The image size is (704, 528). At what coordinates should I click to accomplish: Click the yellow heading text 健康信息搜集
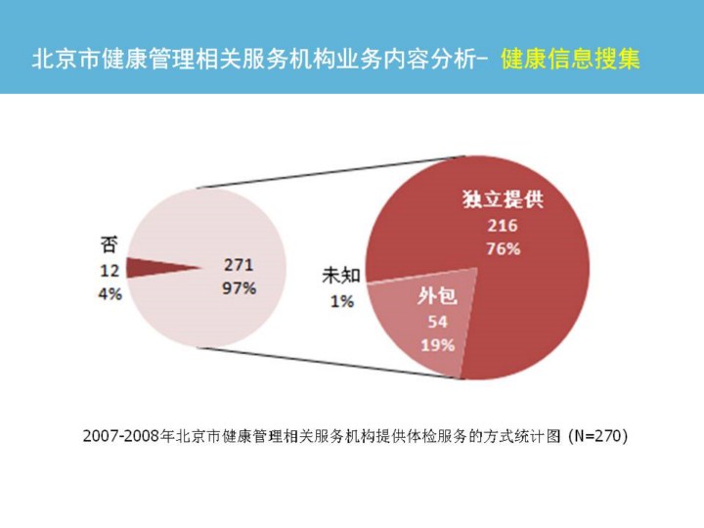570,58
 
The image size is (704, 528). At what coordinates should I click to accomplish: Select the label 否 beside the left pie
110,244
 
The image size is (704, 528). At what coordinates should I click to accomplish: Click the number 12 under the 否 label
110,269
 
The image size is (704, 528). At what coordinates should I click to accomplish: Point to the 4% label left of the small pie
110,292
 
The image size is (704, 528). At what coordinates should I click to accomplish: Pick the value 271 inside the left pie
240,264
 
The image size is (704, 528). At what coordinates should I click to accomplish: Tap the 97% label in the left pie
240,288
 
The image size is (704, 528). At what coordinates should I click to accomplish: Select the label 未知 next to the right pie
341,277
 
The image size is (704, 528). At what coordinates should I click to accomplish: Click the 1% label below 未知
341,301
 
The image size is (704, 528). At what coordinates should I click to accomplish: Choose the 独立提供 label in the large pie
503,200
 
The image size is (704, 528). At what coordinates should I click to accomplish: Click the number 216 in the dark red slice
503,225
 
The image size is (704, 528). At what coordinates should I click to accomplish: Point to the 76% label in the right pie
503,248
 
